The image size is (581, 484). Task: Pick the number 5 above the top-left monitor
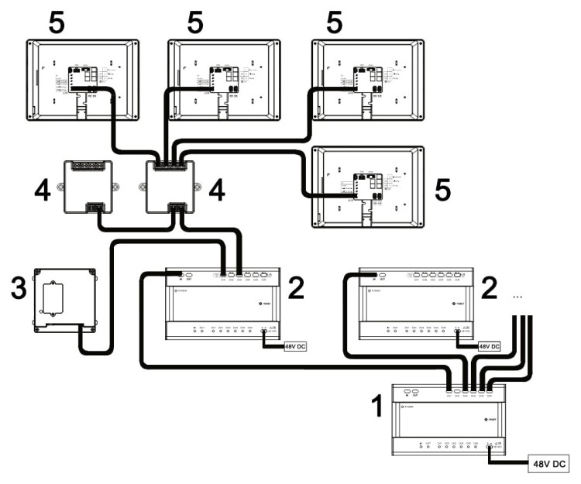tap(57, 23)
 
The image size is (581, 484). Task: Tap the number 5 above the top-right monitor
tap(334, 23)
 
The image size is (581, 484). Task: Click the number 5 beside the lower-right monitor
tap(442, 190)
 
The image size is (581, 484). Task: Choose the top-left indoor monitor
tap(83, 80)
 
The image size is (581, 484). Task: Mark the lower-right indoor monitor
tap(368, 187)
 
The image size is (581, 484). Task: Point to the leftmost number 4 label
tap(44, 189)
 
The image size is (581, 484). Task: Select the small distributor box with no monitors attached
tap(87, 187)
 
